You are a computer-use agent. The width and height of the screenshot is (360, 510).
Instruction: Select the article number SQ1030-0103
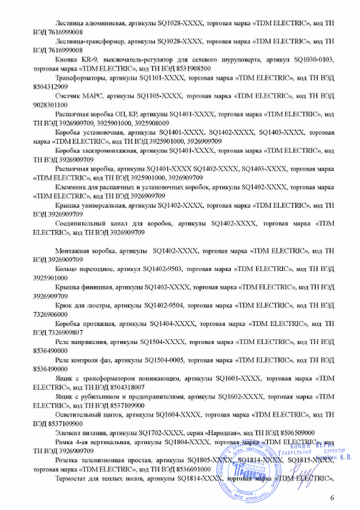313,59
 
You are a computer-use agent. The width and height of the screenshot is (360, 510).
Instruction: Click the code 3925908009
152,123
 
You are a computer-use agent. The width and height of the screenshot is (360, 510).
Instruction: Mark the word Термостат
72,479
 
